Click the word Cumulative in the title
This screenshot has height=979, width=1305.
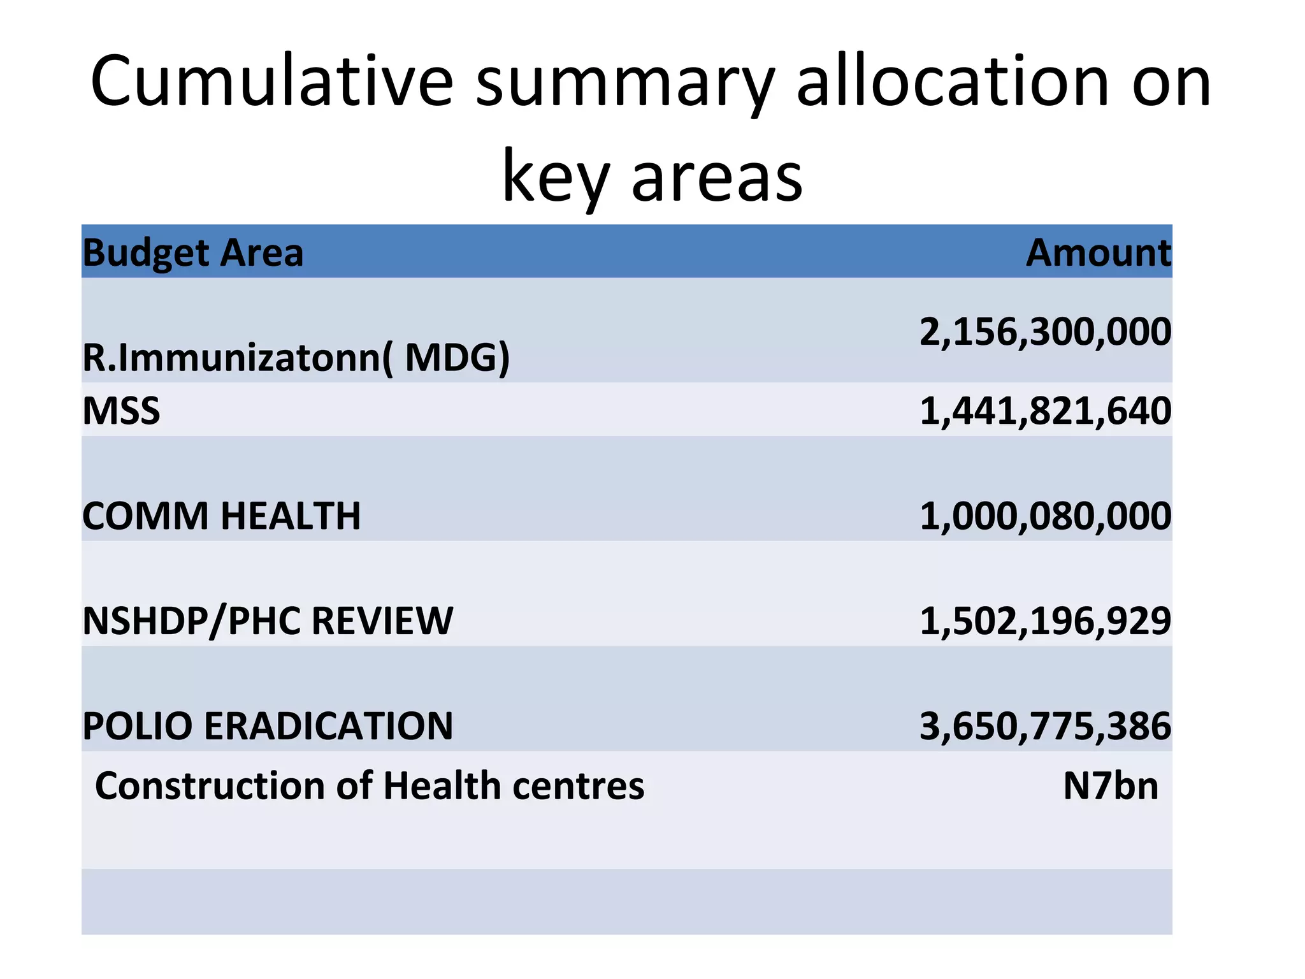[x=272, y=82]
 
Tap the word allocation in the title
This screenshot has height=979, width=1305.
[x=953, y=82]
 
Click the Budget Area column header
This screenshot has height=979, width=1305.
[x=193, y=252]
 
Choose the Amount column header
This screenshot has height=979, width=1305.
[x=1098, y=252]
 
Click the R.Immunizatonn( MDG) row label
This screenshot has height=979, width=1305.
[x=296, y=357]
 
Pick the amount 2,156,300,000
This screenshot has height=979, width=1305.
[x=1045, y=332]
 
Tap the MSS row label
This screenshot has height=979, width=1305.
[x=121, y=410]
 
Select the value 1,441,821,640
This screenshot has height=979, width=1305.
[x=1045, y=410]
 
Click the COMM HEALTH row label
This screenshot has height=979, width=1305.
[x=221, y=516]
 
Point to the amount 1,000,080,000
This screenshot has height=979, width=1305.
[x=1045, y=516]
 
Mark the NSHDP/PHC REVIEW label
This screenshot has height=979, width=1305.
[x=268, y=621]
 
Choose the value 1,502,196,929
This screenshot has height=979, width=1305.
[x=1045, y=621]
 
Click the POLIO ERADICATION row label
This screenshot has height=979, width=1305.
[x=268, y=726]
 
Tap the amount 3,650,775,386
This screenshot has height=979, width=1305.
[x=1045, y=726]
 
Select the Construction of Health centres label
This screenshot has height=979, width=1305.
[x=370, y=786]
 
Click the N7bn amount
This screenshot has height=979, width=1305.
[x=1111, y=786]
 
